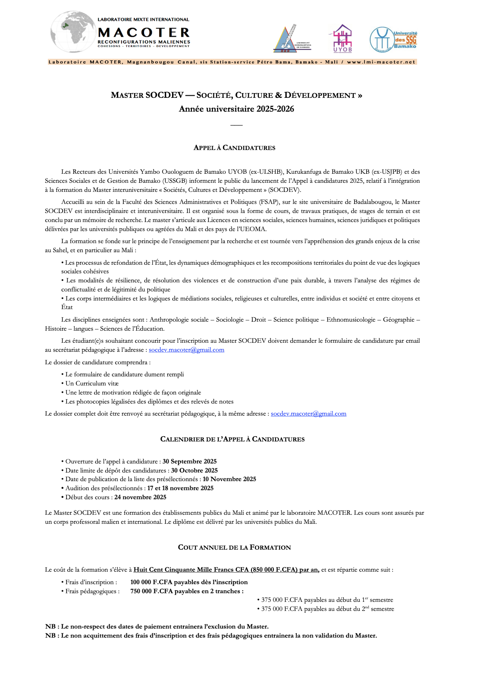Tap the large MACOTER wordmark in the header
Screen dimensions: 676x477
pyautogui.click(x=144, y=33)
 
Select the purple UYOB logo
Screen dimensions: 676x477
pyautogui.click(x=342, y=38)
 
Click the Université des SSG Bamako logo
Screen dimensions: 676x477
pyautogui.click(x=393, y=40)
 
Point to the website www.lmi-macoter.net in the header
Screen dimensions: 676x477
pyautogui.click(x=381, y=62)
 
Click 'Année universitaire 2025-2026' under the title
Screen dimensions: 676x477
pyautogui.click(x=236, y=109)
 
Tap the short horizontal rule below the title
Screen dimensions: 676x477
pyautogui.click(x=236, y=125)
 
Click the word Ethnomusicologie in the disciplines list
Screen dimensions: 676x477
pyautogui.click(x=351, y=319)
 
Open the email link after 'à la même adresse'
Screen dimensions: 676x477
pyautogui.click(x=308, y=414)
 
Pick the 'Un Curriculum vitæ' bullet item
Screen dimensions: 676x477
pyautogui.click(x=92, y=383)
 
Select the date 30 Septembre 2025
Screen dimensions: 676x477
pyautogui.click(x=189, y=461)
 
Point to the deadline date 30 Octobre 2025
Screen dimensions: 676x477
pyautogui.click(x=194, y=470)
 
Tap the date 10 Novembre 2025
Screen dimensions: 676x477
pyautogui.click(x=229, y=479)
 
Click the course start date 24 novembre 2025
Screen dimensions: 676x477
pyautogui.click(x=140, y=497)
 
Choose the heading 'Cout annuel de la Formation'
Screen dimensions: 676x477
pyautogui.click(x=234, y=548)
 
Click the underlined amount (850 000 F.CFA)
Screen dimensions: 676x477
pyautogui.click(x=274, y=570)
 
